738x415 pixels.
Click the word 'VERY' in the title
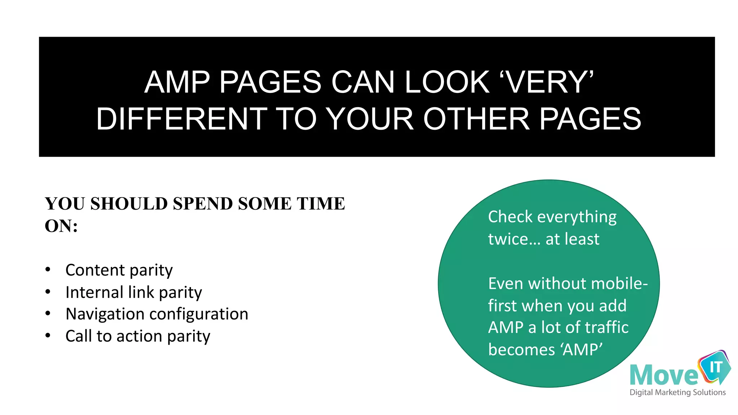[550, 82]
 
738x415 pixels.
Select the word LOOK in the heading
[447, 82]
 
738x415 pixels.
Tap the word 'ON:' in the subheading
[61, 226]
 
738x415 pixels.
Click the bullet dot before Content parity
[48, 269]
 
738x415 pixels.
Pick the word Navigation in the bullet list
[105, 314]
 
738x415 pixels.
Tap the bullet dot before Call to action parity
[48, 336]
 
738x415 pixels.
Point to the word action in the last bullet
[139, 336]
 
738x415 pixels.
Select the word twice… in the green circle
[514, 239]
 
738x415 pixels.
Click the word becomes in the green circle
[521, 350]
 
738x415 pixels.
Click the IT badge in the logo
[716, 367]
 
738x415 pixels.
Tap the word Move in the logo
[664, 375]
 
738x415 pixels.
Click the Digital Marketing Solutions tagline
[677, 392]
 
